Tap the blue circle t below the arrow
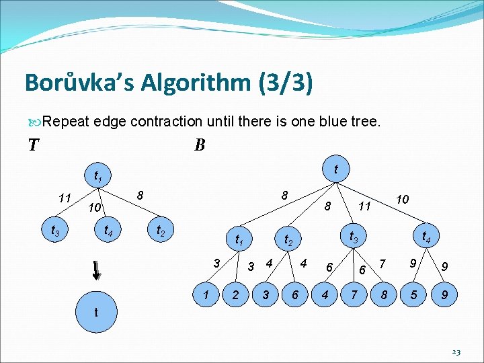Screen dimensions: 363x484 [97, 312]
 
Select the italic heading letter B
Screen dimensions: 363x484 [200, 145]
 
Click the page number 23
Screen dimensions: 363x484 [456, 352]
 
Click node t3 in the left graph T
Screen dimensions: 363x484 [56, 231]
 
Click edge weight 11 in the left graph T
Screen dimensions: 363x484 [65, 198]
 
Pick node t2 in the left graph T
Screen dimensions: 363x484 [162, 231]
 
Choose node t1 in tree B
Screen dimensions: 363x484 [237, 240]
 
